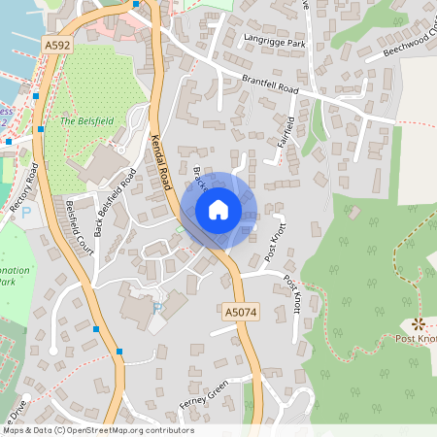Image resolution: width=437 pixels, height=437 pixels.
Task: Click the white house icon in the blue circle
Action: point(218,208)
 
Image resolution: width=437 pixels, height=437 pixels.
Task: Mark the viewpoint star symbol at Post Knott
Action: point(419,323)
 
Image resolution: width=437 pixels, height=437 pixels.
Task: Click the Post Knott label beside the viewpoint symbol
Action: point(416,339)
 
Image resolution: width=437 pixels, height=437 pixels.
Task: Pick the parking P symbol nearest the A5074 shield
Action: point(157,308)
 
